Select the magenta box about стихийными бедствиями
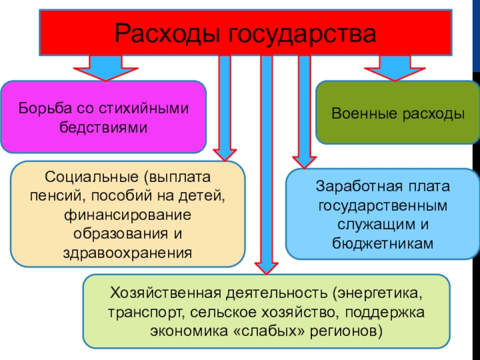pos(103,116)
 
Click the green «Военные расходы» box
pos(398,113)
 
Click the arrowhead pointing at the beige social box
pos(224,154)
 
